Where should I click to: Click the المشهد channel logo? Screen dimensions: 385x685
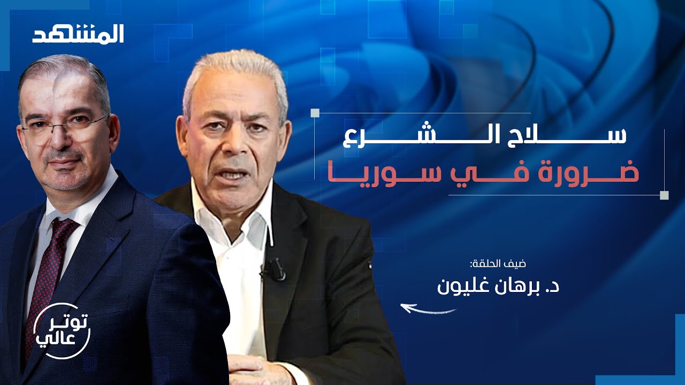click(x=78, y=34)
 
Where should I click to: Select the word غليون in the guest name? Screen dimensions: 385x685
click(x=463, y=284)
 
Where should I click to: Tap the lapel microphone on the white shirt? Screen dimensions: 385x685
click(x=273, y=269)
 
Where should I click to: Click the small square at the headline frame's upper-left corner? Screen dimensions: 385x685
click(x=315, y=113)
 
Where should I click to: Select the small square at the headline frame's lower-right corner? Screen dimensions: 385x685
click(x=664, y=195)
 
